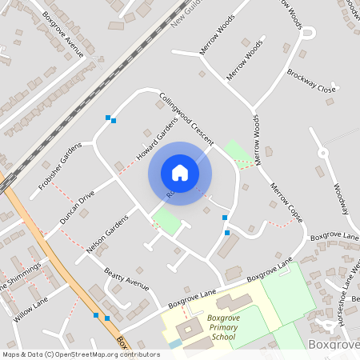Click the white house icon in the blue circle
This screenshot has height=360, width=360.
[x=180, y=172]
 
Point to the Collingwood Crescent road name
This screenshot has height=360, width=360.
[x=186, y=119]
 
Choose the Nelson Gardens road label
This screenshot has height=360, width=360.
[x=106, y=234]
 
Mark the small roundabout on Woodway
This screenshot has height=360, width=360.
[x=323, y=152]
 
